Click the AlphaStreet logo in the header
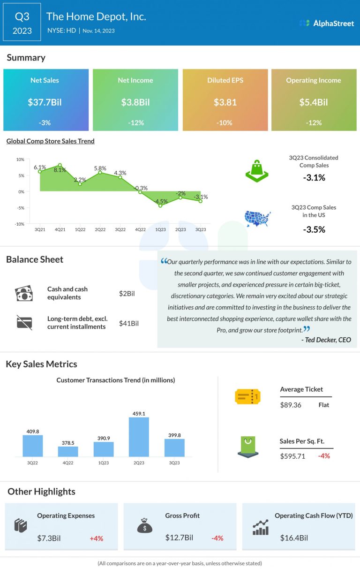click(x=327, y=23)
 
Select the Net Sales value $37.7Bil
click(x=45, y=102)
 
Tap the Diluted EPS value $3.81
click(x=225, y=102)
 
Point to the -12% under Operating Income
click(x=314, y=122)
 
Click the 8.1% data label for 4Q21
click(x=60, y=170)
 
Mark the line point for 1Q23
click(x=160, y=205)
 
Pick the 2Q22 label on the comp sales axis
click(x=100, y=230)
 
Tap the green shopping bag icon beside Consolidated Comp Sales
click(x=257, y=171)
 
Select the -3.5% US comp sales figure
click(x=313, y=229)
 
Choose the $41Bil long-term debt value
click(x=128, y=323)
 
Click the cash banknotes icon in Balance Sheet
click(x=24, y=294)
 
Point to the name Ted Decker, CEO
click(x=326, y=340)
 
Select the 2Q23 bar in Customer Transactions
click(x=139, y=437)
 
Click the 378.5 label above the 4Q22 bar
click(x=68, y=441)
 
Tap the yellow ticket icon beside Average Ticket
click(x=247, y=397)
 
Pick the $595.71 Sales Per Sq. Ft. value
click(x=292, y=456)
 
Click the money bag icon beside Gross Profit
click(x=144, y=526)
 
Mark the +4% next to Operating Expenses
click(x=96, y=538)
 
